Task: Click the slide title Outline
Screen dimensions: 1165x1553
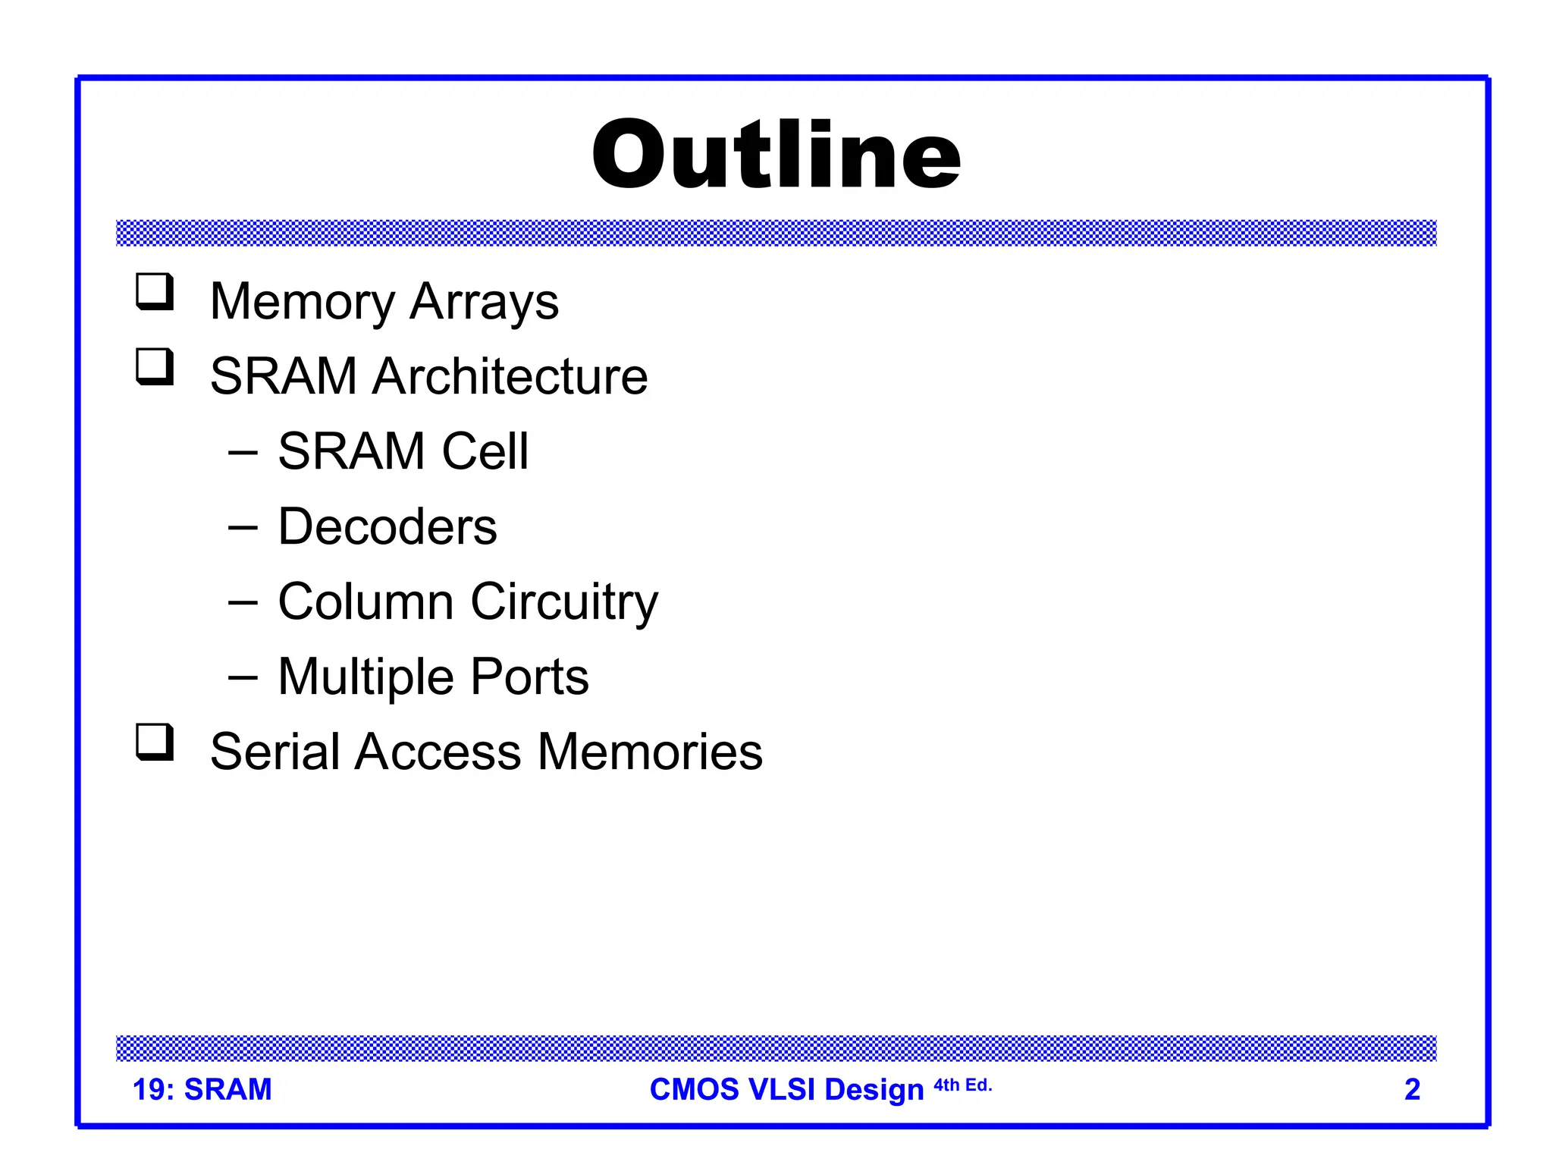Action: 776,155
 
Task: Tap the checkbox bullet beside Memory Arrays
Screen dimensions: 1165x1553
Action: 155,292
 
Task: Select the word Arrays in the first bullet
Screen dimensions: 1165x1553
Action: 484,302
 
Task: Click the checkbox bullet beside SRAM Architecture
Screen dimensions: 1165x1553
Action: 155,366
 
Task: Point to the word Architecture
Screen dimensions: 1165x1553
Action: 510,376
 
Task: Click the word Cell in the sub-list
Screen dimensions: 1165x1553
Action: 485,451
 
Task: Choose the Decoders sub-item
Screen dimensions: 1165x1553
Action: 387,526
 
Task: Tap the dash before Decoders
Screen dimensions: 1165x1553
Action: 243,526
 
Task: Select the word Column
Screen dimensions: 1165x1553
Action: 366,601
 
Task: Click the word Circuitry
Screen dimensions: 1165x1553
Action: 564,601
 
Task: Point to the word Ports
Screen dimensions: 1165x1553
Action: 529,677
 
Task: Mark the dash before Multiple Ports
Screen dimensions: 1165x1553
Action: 243,677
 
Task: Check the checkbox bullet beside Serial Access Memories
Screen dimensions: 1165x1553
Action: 155,742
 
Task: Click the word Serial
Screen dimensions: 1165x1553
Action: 275,752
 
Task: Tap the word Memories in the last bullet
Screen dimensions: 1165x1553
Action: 650,752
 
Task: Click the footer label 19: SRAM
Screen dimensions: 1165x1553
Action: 202,1089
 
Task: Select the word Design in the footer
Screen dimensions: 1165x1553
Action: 874,1089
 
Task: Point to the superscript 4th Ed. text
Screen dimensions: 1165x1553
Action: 962,1085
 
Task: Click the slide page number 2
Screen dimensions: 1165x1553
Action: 1412,1089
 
